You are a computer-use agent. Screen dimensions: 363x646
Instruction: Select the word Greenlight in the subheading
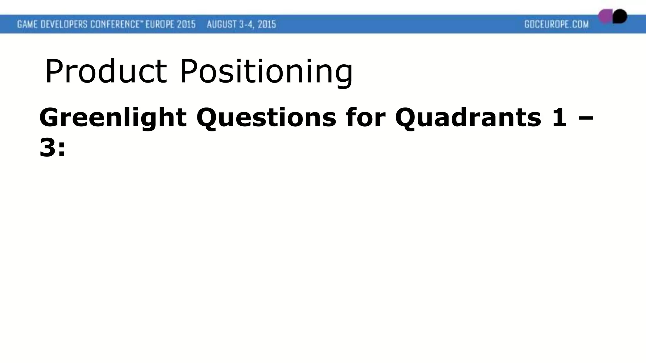pyautogui.click(x=113, y=118)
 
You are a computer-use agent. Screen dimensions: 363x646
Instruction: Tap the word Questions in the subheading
pyautogui.click(x=266, y=118)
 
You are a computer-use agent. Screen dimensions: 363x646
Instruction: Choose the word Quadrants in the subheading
pyautogui.click(x=468, y=118)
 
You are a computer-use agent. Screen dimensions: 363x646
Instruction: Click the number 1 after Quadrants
pyautogui.click(x=560, y=117)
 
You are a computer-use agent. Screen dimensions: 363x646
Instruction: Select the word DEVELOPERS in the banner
pyautogui.click(x=66, y=24)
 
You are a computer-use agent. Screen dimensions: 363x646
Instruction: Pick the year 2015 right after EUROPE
pyautogui.click(x=186, y=24)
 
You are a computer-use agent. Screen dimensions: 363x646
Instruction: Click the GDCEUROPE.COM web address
pyautogui.click(x=556, y=24)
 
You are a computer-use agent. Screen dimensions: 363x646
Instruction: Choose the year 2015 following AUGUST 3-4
pyautogui.click(x=267, y=24)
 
